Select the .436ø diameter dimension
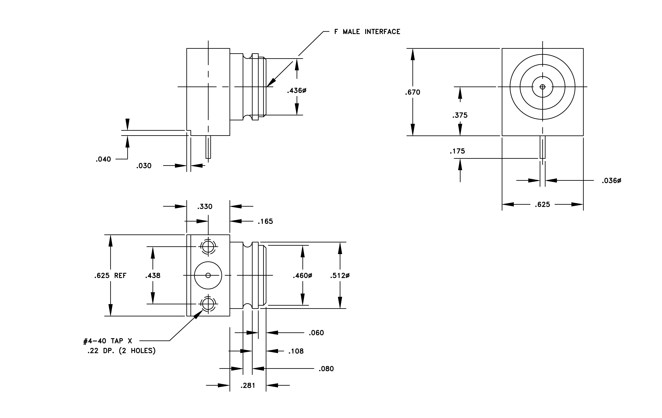tap(297, 90)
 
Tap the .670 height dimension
tap(412, 92)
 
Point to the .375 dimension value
tap(460, 115)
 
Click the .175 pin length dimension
tap(457, 151)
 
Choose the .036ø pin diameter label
tap(611, 181)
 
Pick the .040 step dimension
tap(103, 159)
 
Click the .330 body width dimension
tap(205, 207)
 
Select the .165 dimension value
tap(265, 222)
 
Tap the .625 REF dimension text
tap(110, 276)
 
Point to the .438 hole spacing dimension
tap(153, 276)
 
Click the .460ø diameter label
tap(302, 276)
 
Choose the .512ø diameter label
tap(340, 276)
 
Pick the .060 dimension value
tap(316, 333)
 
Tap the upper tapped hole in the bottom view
tap(208, 246)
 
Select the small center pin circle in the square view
tap(542, 87)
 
